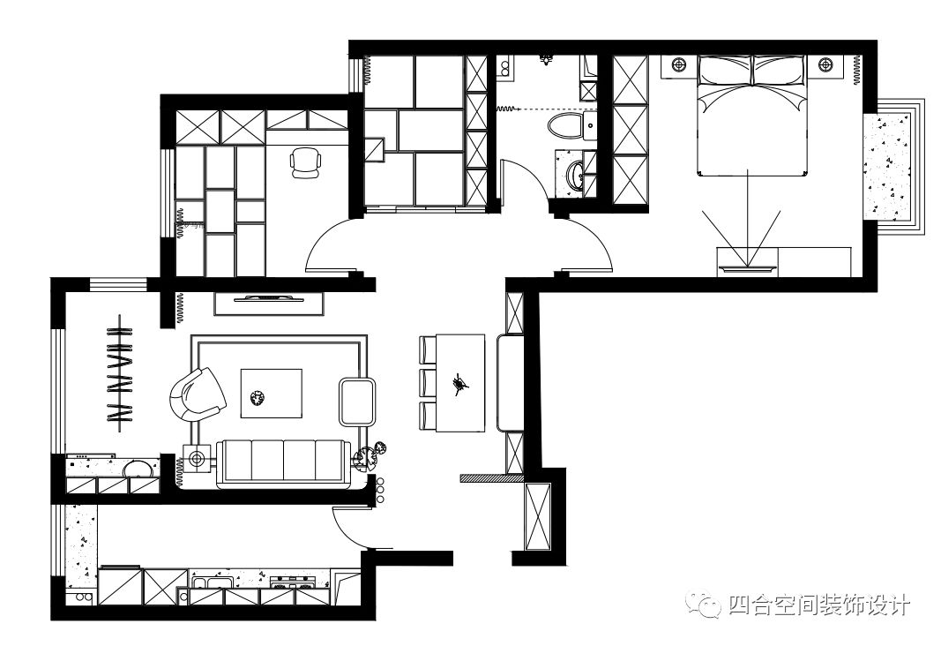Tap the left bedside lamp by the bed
click(679, 64)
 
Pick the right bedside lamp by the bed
click(825, 64)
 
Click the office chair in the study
click(305, 162)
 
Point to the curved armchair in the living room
click(195, 394)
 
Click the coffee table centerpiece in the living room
click(258, 397)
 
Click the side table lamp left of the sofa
click(195, 460)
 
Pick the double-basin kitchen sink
click(212, 582)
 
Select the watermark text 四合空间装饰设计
click(819, 605)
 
